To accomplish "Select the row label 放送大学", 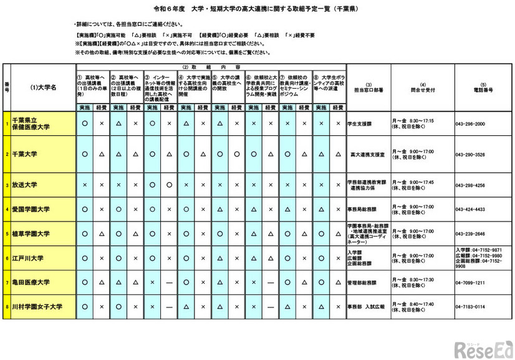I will pos(25,185).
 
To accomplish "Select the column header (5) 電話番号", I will pos(483,88).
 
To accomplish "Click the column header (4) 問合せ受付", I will pos(423,88).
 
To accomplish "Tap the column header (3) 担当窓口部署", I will pos(368,88).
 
